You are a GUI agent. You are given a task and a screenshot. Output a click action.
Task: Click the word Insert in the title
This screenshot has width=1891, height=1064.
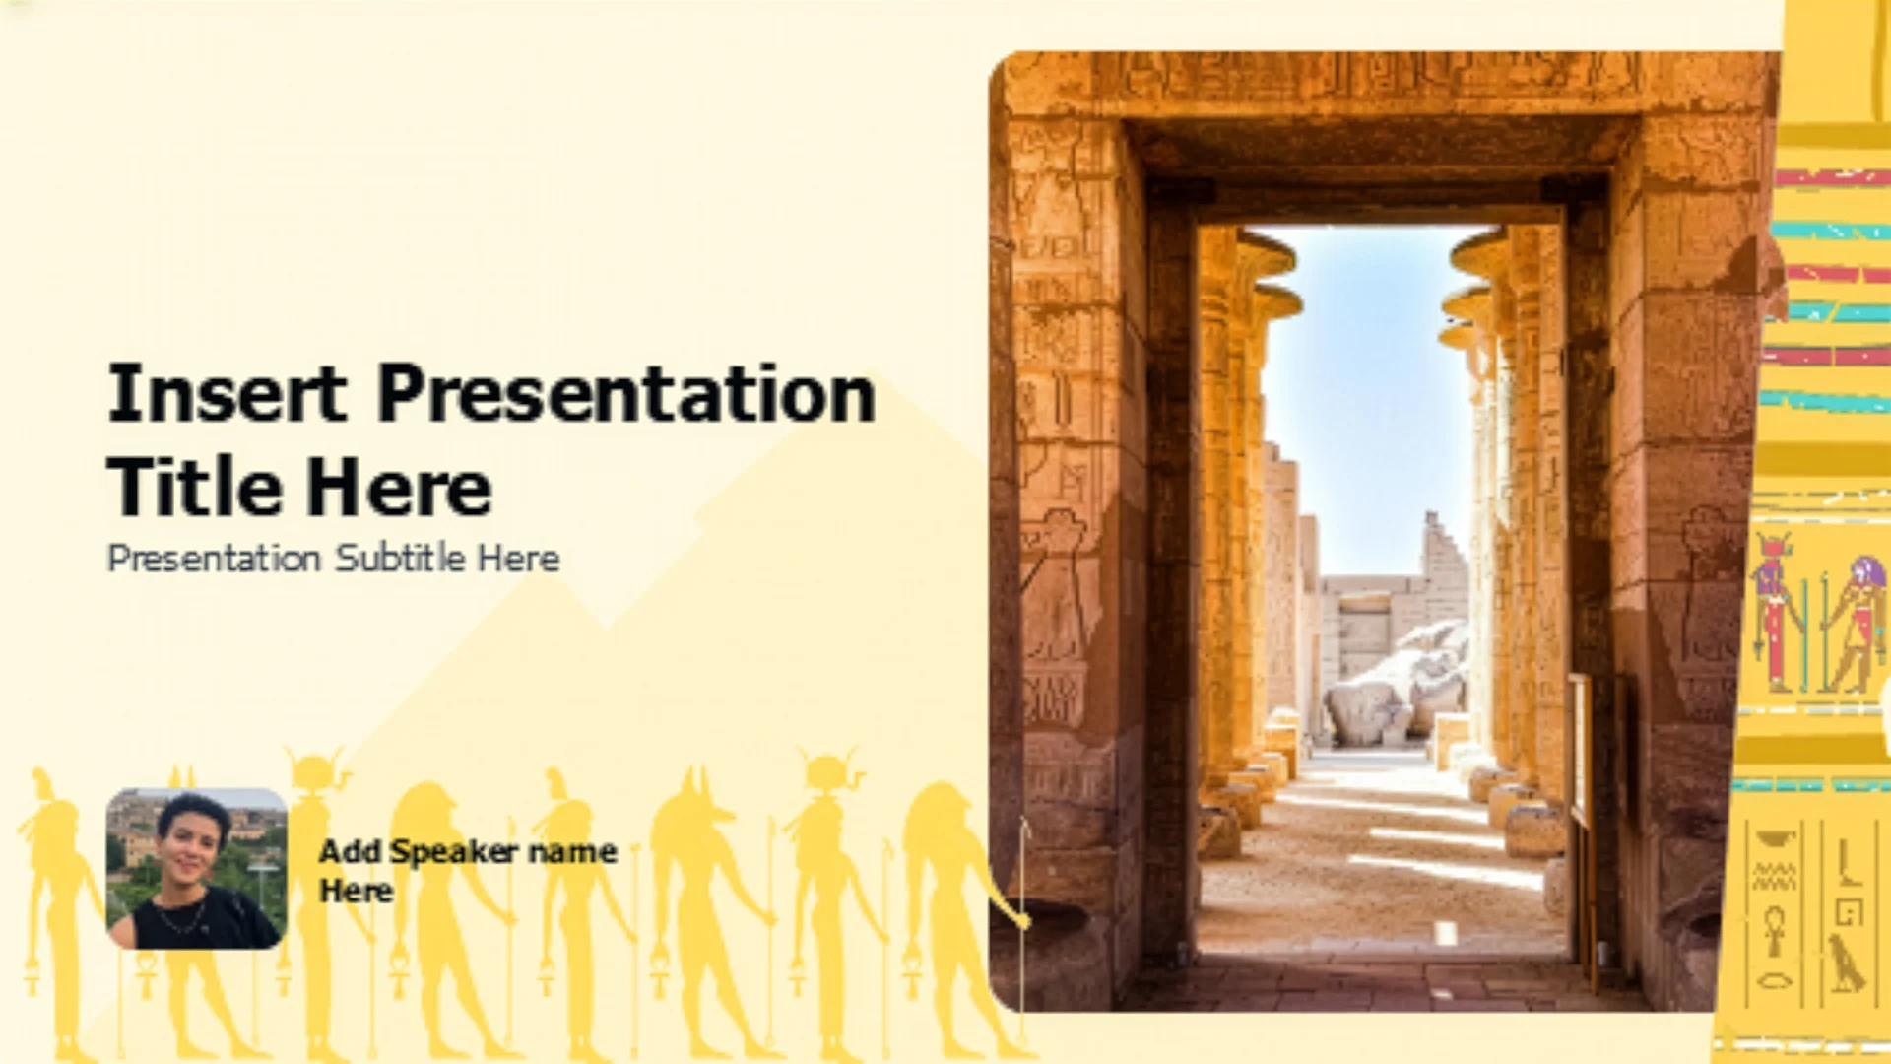228,392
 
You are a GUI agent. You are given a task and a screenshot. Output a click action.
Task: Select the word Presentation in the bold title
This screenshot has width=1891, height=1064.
626,394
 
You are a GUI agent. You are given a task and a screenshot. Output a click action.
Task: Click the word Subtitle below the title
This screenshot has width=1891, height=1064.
400,558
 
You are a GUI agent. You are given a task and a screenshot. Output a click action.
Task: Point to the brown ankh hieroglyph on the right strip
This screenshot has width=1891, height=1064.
1774,931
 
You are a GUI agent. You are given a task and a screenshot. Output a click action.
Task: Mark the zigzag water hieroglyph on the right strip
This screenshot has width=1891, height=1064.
1774,876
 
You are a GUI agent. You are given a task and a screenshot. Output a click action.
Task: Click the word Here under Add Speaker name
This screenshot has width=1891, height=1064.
356,892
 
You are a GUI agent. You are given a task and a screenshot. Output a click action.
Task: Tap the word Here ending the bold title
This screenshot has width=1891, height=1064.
399,488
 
